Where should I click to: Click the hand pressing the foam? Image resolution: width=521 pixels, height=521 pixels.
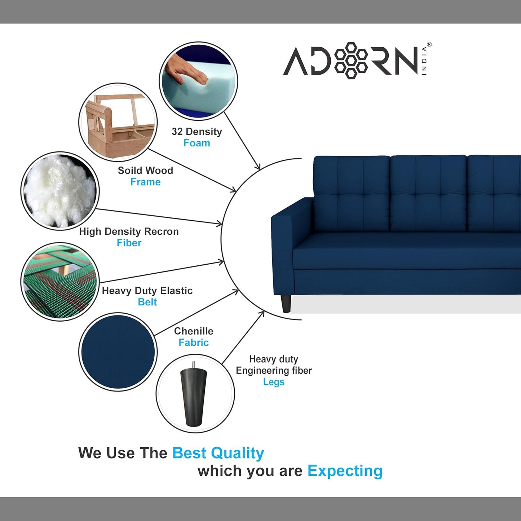click(186, 70)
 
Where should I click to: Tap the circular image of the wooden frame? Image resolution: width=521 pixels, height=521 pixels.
click(118, 122)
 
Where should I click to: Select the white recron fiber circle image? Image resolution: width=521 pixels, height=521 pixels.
click(60, 191)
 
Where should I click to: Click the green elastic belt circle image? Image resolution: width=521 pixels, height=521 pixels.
click(60, 282)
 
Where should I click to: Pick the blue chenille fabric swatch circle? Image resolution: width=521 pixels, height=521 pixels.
click(118, 352)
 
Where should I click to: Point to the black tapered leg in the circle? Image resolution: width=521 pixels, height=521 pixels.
click(194, 395)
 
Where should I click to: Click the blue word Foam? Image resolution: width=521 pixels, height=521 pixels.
click(197, 143)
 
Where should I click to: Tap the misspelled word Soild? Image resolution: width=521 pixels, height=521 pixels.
click(129, 171)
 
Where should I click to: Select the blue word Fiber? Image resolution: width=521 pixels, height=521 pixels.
click(129, 243)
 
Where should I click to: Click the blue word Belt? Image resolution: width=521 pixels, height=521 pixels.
click(147, 302)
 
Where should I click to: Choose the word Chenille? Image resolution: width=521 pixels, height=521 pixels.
click(194, 331)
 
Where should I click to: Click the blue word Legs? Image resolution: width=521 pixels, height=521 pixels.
click(274, 382)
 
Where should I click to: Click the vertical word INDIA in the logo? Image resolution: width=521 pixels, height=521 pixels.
click(424, 61)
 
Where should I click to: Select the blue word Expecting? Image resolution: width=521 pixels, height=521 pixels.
click(345, 471)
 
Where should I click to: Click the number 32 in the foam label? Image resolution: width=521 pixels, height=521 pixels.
click(177, 132)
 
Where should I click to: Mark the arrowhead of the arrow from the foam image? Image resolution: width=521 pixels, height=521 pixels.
click(258, 167)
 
